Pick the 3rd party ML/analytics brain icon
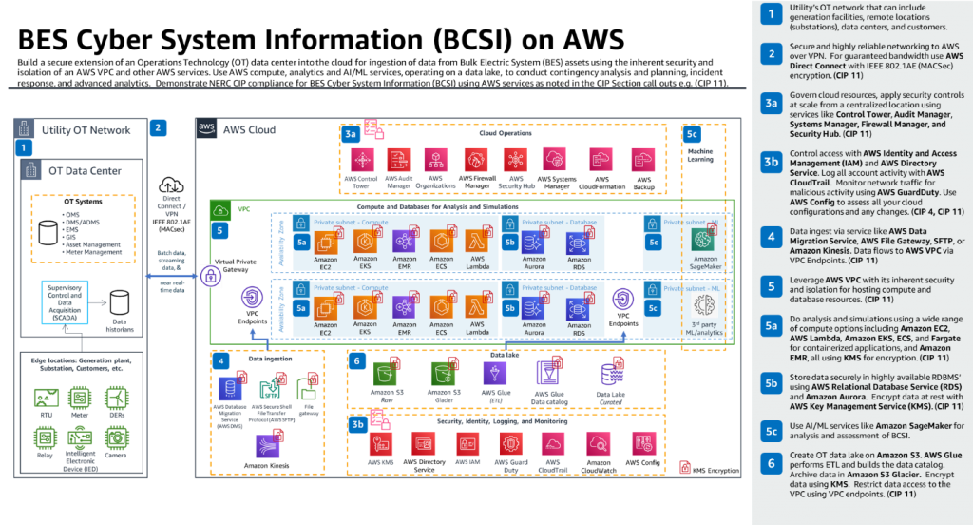click(703, 305)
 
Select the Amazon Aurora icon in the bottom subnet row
click(529, 307)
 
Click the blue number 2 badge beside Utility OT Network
click(160, 127)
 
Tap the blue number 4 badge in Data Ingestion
click(221, 361)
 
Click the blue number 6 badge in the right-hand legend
click(772, 463)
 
